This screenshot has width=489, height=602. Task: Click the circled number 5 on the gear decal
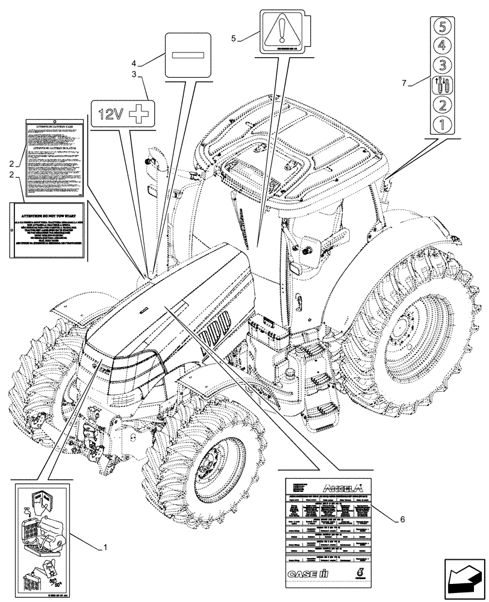[441, 26]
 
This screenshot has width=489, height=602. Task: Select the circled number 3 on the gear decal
[441, 64]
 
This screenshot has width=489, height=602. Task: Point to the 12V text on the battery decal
[112, 114]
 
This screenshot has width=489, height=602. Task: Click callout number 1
[105, 548]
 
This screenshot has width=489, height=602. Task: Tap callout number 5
[234, 38]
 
